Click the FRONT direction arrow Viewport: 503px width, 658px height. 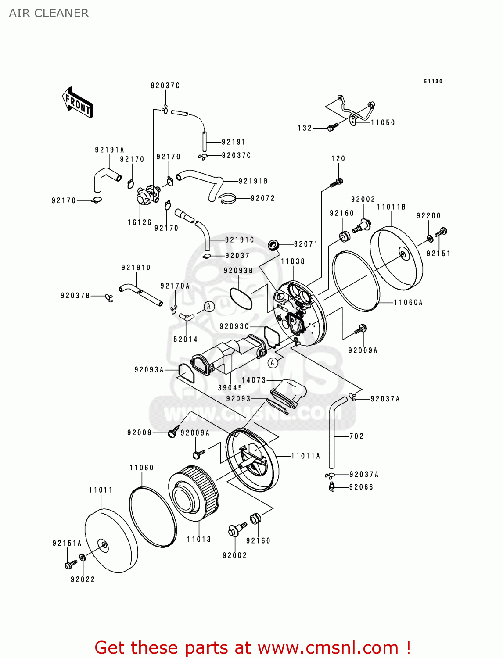click(78, 103)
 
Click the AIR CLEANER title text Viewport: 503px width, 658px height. click(49, 13)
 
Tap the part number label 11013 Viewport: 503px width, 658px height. click(199, 539)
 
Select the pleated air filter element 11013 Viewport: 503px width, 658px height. click(194, 493)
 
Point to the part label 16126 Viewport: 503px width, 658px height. click(140, 222)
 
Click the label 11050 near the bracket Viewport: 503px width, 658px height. click(383, 123)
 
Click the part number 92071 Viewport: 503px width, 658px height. click(305, 244)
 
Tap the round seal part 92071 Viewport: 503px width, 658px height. click(273, 244)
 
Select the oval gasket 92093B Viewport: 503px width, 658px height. click(241, 298)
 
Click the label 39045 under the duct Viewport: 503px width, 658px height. click(230, 388)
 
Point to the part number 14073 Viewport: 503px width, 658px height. click(254, 380)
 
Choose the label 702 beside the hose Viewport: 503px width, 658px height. click(356, 436)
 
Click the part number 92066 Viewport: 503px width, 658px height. click(361, 487)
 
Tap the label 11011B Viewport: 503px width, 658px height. click(391, 207)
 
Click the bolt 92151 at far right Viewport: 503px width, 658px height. click(440, 232)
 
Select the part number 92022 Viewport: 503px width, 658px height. click(83, 579)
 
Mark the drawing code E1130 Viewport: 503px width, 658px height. click(433, 82)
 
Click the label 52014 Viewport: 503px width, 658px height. click(185, 339)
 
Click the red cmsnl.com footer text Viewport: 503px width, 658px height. click(252, 647)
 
